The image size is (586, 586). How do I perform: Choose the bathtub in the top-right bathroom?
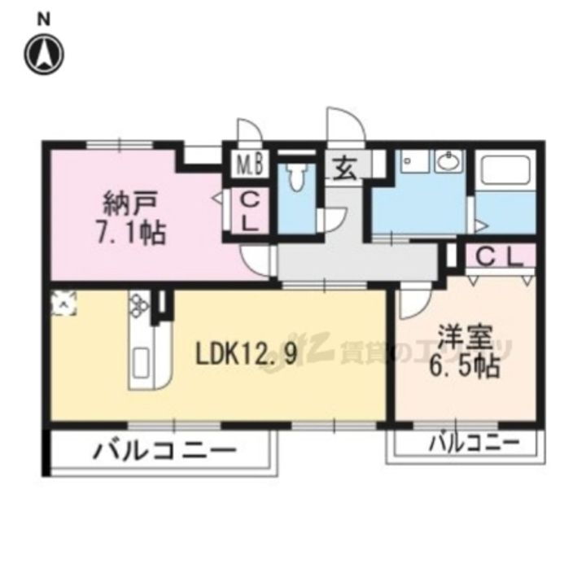point(505,172)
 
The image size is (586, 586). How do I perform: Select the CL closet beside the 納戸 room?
point(250,212)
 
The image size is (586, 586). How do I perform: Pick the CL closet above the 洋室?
point(498,257)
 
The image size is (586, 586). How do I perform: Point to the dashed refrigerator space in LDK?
point(63,303)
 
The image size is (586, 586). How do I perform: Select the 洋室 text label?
point(466,336)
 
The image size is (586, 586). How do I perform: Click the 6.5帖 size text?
point(465,367)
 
